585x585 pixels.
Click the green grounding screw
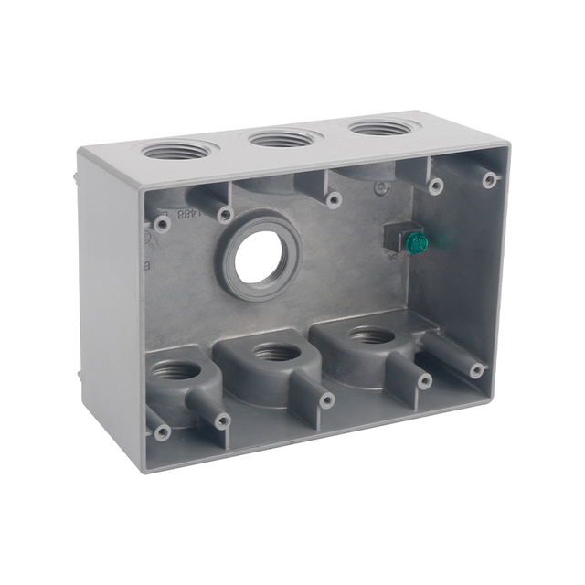coord(416,243)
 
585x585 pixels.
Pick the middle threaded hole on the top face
coord(283,138)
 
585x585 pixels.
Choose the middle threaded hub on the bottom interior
coord(276,352)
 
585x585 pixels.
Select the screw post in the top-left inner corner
coord(162,223)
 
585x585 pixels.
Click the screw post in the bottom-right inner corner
coord(476,370)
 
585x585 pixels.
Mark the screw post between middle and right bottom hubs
coord(424,381)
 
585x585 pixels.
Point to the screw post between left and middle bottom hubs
coord(326,400)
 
